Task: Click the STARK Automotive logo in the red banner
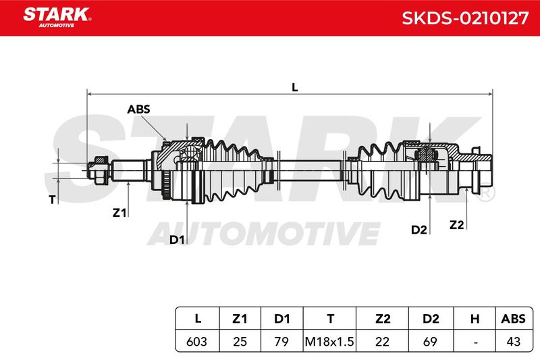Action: [57, 18]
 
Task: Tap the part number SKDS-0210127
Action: [465, 18]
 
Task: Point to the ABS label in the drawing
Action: [139, 109]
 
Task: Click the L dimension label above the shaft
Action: [295, 88]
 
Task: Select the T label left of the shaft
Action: [52, 199]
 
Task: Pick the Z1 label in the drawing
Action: [119, 213]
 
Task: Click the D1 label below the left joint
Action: [177, 239]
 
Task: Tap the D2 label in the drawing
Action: [418, 230]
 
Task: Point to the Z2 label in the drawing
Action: [457, 225]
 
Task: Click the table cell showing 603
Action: [196, 341]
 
